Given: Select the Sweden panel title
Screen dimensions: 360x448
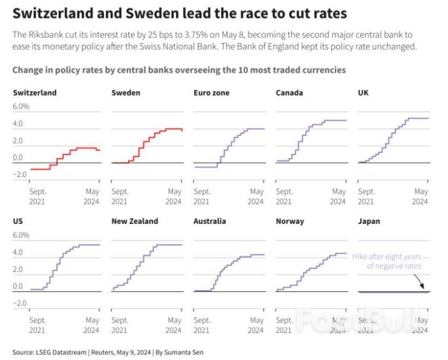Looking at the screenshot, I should click(x=126, y=92).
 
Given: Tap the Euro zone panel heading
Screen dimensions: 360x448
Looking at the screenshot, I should click(x=212, y=92).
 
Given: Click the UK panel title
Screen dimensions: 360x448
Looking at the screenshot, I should click(x=363, y=92).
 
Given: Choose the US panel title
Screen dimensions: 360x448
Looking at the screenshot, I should click(x=18, y=221).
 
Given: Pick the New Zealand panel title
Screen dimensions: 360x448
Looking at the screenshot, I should click(x=134, y=221).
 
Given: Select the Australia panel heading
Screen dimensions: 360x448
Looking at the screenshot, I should click(x=210, y=221).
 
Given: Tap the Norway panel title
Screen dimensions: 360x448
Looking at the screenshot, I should click(x=290, y=221).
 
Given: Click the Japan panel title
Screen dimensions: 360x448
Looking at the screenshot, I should click(x=369, y=221).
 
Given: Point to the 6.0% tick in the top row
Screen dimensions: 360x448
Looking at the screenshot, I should click(x=21, y=106).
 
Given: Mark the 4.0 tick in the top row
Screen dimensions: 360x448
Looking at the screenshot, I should click(x=18, y=124).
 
